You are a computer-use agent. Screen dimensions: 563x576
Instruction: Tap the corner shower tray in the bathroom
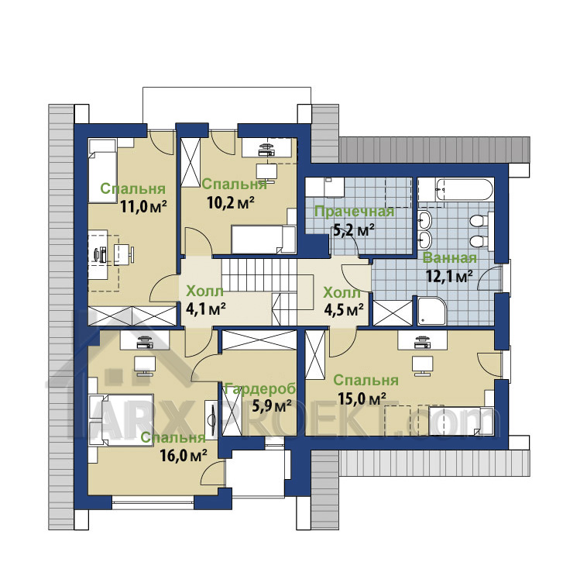[x=432, y=310]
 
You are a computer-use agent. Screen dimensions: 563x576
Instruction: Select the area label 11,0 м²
[x=143, y=207]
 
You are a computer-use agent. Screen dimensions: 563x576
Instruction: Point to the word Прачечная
[x=355, y=212]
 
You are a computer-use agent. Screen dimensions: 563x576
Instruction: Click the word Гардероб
[x=260, y=388]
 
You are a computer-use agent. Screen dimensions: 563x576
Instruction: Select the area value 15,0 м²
[x=362, y=398]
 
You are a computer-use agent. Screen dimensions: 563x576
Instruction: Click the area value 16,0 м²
[x=183, y=456]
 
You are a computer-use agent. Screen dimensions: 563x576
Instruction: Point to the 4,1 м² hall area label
[x=205, y=309]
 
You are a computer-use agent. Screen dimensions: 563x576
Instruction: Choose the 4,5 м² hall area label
[x=344, y=309]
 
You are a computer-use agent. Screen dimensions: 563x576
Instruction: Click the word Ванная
[x=450, y=257]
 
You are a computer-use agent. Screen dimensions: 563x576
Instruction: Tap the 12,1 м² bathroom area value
[x=449, y=275]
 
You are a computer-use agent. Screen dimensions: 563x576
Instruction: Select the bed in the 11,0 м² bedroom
[x=103, y=171]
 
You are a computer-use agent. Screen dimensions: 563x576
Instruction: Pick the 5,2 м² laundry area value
[x=353, y=231]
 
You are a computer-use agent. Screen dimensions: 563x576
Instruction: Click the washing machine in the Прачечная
[x=332, y=188]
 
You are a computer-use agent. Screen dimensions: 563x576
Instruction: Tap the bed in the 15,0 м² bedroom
[x=462, y=420]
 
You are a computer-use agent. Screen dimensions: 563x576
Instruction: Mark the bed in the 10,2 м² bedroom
[x=263, y=240]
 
